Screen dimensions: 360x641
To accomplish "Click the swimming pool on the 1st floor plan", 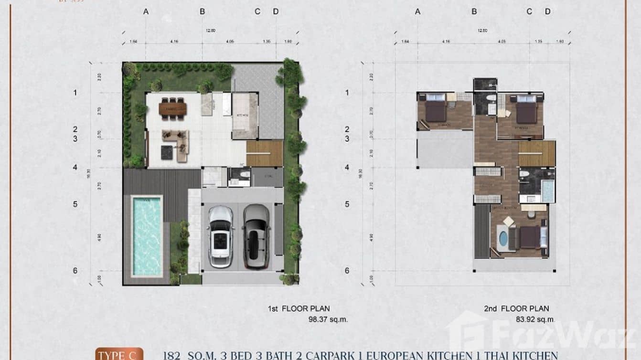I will (x=147, y=236).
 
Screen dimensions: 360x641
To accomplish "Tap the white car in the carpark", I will (x=221, y=236).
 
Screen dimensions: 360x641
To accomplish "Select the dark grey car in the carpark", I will (x=256, y=236).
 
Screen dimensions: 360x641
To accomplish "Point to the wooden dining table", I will (x=172, y=109).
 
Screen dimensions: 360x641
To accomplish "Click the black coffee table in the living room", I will (x=166, y=152).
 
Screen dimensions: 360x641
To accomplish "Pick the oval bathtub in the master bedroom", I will (x=502, y=237).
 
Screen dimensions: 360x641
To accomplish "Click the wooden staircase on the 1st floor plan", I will (x=265, y=153).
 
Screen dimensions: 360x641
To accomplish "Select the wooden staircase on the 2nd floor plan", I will (x=536, y=153).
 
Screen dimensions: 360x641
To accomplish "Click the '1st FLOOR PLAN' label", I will (x=299, y=309).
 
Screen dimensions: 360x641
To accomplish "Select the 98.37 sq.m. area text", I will (x=328, y=319).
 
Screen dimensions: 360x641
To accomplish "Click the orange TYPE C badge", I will (x=119, y=354).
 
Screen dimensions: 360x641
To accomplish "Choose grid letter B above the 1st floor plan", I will (x=202, y=11).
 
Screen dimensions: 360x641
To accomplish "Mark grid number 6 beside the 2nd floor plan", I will (x=347, y=271).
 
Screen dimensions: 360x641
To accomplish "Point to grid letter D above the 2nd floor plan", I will (x=547, y=11).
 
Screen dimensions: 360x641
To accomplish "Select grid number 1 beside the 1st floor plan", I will (x=75, y=93).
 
